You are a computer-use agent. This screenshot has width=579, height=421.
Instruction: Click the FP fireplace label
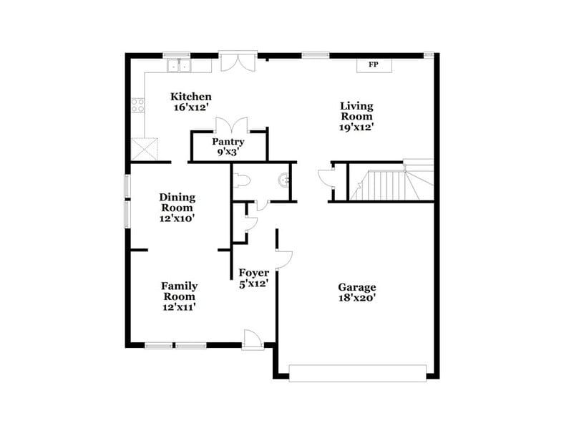(x=373, y=65)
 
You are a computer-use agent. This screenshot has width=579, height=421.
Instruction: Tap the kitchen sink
(x=179, y=67)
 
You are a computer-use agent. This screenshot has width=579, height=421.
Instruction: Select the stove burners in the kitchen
(x=137, y=106)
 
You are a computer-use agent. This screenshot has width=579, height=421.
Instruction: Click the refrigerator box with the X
(x=145, y=150)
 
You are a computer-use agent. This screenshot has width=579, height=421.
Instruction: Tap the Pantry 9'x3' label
(x=228, y=147)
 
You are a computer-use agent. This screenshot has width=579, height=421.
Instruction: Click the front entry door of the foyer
(x=253, y=339)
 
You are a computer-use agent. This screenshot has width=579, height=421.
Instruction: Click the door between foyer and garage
(x=283, y=259)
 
